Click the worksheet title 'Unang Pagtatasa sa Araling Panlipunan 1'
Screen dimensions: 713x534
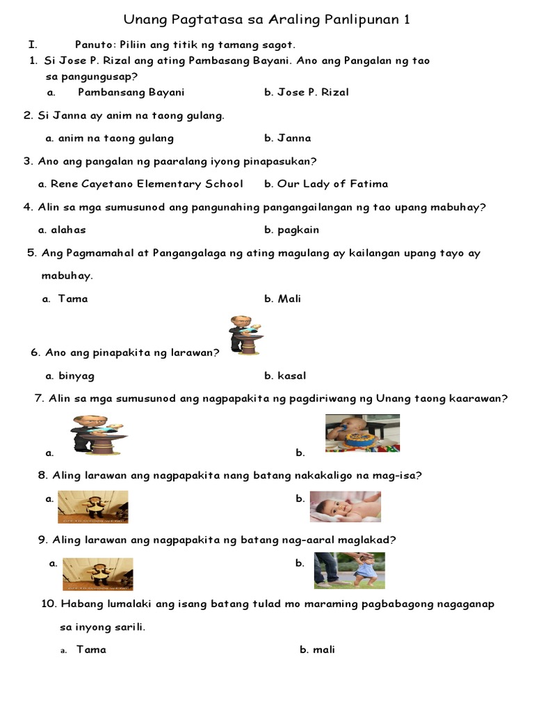266,20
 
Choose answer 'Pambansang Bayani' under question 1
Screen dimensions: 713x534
131,92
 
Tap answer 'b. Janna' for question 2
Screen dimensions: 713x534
288,138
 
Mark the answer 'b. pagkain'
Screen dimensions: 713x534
292,230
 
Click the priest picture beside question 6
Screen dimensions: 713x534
246,335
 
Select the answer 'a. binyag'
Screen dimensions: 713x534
70,375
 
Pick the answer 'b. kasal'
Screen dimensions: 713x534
285,375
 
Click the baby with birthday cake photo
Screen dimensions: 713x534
362,433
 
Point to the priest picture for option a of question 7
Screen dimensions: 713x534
98,435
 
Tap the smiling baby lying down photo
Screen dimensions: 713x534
345,507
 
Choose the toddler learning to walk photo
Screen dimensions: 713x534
349,570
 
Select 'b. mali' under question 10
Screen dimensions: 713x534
317,650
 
